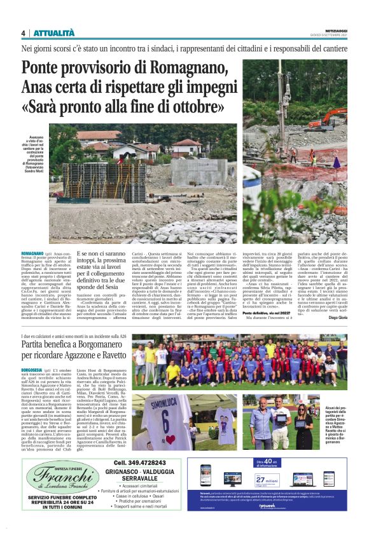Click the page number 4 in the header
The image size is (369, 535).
click(x=23, y=33)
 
